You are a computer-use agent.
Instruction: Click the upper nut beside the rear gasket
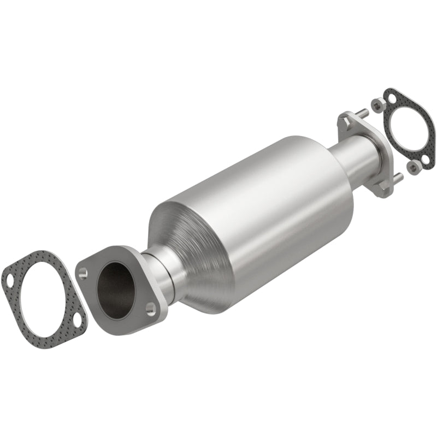pos(376,103)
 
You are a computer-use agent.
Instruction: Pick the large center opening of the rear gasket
pos(409,129)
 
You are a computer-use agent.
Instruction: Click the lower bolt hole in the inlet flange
pos(150,310)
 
